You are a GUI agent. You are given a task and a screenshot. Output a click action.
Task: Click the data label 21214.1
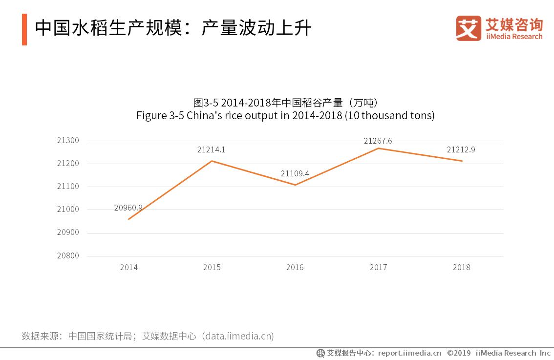(211, 150)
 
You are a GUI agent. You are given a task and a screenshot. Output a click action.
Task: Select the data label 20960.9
(128, 208)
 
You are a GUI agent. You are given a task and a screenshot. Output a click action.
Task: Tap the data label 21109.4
(295, 173)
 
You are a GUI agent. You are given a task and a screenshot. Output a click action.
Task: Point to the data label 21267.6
(378, 141)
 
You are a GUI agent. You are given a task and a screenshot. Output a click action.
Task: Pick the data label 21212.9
(461, 150)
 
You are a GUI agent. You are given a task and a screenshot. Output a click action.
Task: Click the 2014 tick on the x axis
(129, 267)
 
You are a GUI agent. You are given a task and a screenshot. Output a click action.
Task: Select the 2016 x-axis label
(295, 267)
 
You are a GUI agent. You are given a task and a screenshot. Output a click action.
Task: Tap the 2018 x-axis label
(461, 267)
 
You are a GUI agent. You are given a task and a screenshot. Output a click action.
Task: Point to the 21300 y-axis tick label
(68, 141)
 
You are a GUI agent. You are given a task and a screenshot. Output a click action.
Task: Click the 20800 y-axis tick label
(68, 256)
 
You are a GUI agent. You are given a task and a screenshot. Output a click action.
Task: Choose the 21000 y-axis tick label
(68, 210)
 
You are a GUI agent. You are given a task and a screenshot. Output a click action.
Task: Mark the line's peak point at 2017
(378, 148)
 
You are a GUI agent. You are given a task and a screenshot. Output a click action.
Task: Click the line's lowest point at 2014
(129, 219)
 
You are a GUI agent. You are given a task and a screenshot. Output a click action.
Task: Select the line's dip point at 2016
(295, 185)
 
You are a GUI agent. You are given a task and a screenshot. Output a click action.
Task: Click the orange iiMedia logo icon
(469, 28)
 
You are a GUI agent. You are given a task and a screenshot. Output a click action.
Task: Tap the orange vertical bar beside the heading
(24, 29)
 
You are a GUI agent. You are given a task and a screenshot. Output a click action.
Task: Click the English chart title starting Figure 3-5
(285, 116)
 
